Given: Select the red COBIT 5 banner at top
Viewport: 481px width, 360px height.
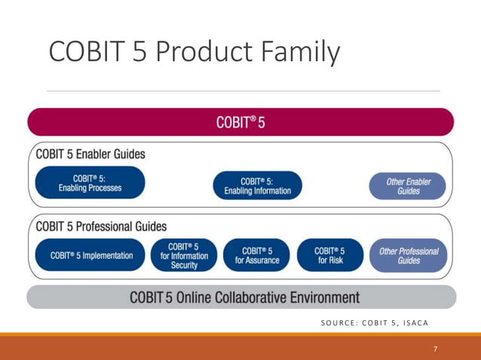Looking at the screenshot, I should point(240,122).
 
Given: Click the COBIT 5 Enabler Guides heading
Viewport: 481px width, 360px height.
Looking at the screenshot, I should point(90,154).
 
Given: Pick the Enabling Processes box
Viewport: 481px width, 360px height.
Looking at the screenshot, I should point(90,184).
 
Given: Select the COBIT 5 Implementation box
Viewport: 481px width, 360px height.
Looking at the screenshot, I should point(91,255).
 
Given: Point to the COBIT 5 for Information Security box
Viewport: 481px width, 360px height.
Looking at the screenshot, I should point(183,255).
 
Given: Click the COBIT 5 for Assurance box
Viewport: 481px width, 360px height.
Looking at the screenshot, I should point(257,255).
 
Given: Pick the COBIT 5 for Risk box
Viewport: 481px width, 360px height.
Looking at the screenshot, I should point(329,255).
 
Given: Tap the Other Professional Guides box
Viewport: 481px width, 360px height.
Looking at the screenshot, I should point(408,255).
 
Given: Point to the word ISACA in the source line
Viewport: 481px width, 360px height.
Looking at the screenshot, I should point(412,323).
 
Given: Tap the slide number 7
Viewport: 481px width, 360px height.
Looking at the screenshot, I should point(435,349).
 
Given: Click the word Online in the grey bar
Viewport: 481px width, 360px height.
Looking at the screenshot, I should point(194,297).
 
